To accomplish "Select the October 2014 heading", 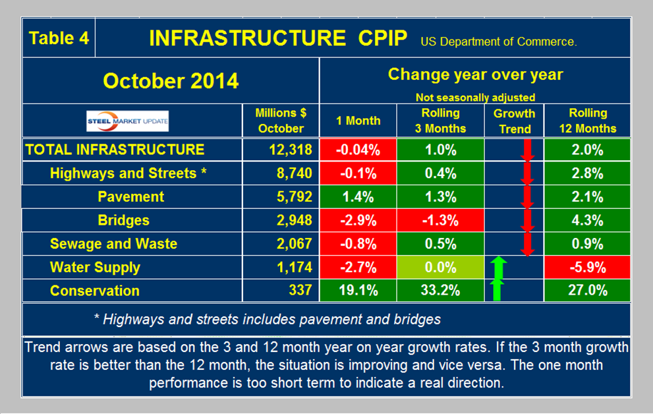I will click(171, 80).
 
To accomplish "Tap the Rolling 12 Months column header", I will click(587, 120).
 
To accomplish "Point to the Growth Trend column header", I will click(515, 120).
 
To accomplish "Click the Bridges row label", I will click(123, 220).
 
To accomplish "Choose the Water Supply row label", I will click(95, 267).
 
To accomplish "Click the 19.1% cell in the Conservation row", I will click(358, 291).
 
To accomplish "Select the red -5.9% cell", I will click(587, 267).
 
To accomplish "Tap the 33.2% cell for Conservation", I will click(440, 291).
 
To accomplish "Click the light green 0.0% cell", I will click(440, 267).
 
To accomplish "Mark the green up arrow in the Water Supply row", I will click(498, 267).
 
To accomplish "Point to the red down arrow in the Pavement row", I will click(527, 196).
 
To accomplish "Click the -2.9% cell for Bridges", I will click(358, 220).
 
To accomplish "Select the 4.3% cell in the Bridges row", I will click(587, 220).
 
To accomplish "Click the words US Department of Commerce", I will click(498, 42).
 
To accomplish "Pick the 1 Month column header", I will click(358, 121).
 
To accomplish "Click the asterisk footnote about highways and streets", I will click(268, 320).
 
